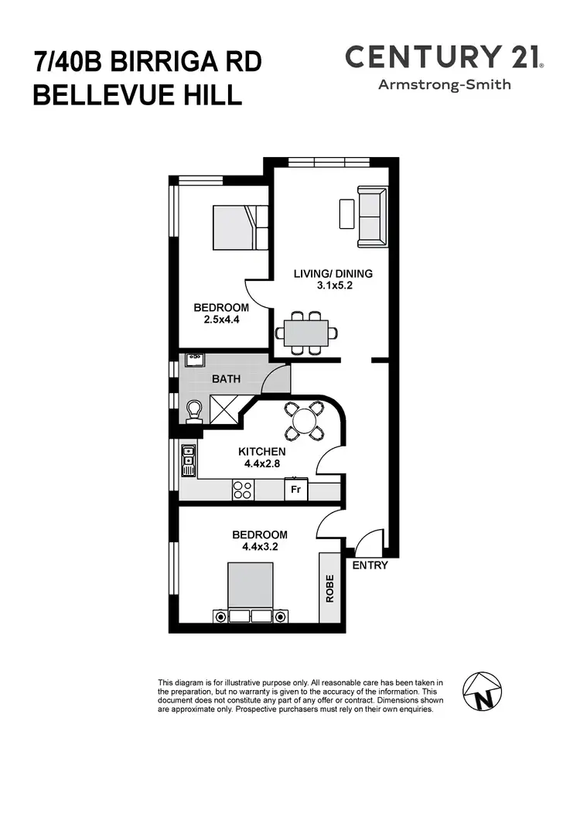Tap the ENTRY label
(x=370, y=565)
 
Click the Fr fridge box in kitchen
(x=295, y=490)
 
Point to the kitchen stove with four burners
(x=244, y=490)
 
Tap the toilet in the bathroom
(x=193, y=410)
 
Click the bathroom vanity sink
(x=193, y=360)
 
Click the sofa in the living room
(x=372, y=217)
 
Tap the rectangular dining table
(x=305, y=333)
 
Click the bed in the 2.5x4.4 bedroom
(x=240, y=227)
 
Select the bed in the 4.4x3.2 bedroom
(x=250, y=592)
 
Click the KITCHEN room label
(x=261, y=452)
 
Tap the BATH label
(x=226, y=379)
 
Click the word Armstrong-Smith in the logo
(x=444, y=84)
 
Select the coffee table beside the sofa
(x=346, y=213)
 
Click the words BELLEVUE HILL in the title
(x=138, y=95)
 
